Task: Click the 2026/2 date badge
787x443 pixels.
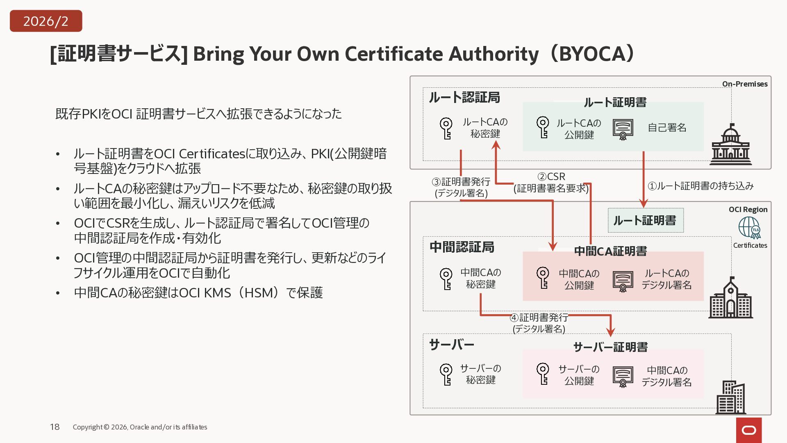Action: (46, 21)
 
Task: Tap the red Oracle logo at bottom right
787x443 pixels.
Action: (749, 430)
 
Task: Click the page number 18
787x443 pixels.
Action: (55, 427)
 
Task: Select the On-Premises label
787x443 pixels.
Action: (744, 84)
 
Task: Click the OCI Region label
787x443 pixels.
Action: (748, 210)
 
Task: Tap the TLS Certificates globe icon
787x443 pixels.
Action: (750, 228)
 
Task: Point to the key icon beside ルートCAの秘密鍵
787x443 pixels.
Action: (446, 128)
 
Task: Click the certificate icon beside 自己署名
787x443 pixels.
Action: (623, 129)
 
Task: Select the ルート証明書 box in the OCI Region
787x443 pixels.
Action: (645, 221)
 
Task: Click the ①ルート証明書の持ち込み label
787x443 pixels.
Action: (701, 186)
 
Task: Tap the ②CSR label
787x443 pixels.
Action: (551, 177)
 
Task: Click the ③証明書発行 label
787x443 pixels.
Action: (461, 182)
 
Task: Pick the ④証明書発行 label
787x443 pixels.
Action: (539, 317)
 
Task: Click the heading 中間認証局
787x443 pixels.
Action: (462, 247)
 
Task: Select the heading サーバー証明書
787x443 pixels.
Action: (610, 347)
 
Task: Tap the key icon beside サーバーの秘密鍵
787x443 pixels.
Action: (446, 374)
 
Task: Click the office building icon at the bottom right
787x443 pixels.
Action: (730, 397)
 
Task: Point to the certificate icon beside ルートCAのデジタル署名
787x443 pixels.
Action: (623, 281)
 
